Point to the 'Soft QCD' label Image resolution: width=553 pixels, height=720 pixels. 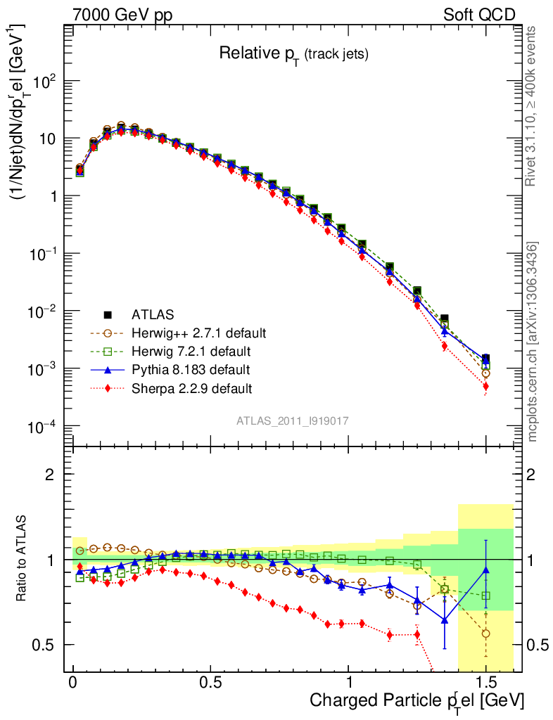pyautogui.click(x=479, y=15)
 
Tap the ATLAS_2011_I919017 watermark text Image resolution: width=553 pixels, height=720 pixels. pyautogui.click(x=293, y=420)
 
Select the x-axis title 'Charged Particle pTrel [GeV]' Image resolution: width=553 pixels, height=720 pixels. pyautogui.click(x=417, y=700)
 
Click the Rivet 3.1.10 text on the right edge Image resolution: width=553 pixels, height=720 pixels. pyautogui.click(x=533, y=105)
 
